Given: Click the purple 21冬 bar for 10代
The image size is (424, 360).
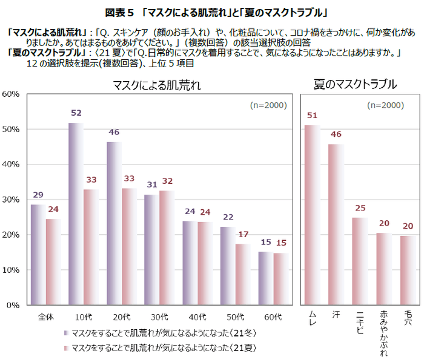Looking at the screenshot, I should [76, 215].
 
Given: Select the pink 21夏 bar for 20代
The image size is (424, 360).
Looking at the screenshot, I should [128, 247].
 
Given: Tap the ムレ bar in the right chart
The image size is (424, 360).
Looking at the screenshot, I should [312, 215].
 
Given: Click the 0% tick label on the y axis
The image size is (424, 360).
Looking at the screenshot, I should [14, 306].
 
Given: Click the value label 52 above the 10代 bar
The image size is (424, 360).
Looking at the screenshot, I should [76, 113].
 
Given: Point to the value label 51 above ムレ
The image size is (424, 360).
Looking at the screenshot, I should [312, 116].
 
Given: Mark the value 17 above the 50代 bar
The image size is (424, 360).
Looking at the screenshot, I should [243, 234].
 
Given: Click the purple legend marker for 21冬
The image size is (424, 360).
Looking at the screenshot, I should [65, 333].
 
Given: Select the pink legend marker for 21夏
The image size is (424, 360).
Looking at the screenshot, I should [65, 348].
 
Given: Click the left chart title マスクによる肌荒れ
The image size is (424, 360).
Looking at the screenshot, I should [157, 85].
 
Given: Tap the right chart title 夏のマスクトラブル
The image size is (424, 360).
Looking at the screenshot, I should [355, 85].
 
